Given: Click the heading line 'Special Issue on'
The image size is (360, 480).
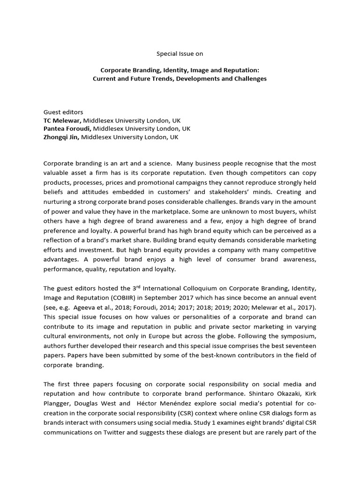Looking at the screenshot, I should click(180, 54).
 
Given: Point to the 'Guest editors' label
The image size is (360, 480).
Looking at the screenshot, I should click(63, 112).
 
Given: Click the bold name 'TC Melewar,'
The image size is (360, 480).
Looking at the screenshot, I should click(62, 120).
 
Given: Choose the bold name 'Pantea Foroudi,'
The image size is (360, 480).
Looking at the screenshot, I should click(67, 129).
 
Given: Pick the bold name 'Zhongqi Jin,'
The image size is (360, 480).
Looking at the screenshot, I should click(61, 137).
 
